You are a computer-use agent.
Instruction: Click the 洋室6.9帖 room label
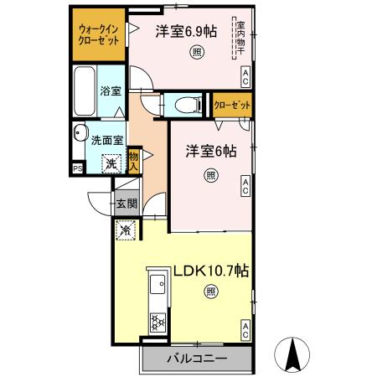click(186, 32)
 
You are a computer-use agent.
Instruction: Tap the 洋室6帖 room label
click(210, 152)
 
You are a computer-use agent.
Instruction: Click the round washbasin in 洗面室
click(81, 133)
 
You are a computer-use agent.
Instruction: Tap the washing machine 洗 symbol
click(110, 164)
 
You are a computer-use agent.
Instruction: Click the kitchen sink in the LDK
click(157, 288)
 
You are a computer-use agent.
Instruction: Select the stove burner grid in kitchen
click(156, 321)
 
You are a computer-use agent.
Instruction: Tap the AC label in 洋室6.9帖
click(245, 79)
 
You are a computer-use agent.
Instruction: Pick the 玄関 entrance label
click(125, 203)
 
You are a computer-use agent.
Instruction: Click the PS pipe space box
click(78, 168)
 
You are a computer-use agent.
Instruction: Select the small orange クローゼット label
click(232, 106)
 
